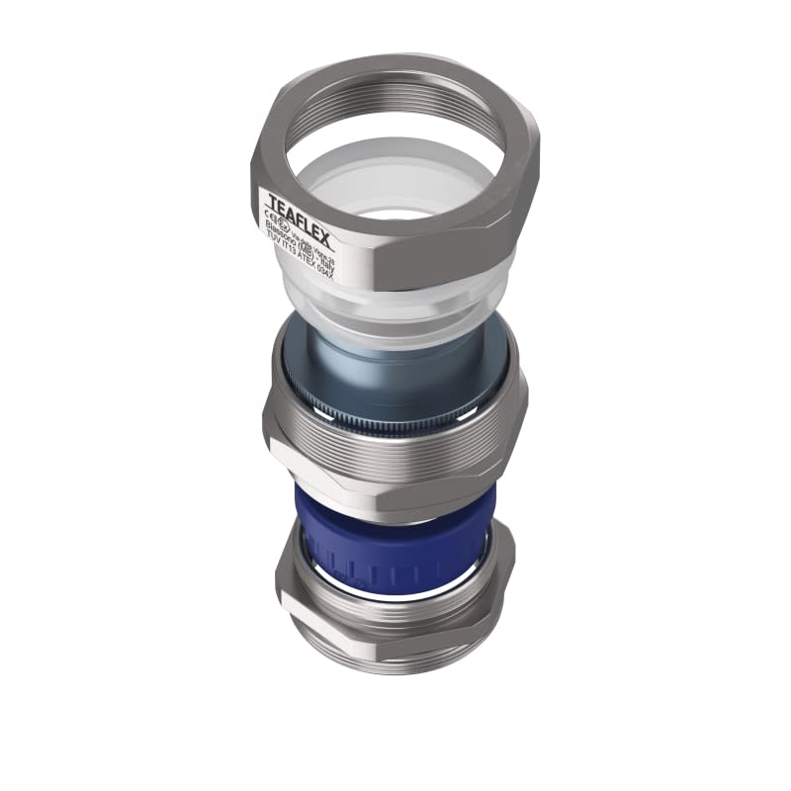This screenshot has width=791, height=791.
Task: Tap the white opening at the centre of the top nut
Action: click(x=395, y=213)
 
